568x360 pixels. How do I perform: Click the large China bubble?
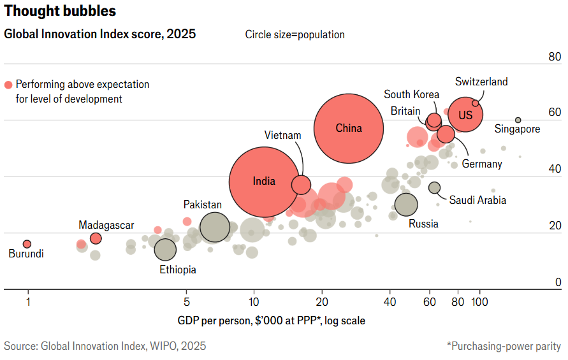[349, 128]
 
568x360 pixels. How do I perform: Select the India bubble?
[264, 182]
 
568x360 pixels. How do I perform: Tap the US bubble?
[465, 115]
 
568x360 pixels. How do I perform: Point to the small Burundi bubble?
[27, 244]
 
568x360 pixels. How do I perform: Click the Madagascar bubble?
[96, 238]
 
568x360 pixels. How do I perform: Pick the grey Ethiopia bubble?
[166, 249]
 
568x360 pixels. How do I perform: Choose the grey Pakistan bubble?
[215, 227]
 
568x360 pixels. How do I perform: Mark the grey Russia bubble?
[406, 205]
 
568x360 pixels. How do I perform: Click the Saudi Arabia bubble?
[435, 187]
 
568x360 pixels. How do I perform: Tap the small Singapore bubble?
[518, 120]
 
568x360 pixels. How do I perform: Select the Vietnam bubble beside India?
[301, 185]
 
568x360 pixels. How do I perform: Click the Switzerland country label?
[481, 82]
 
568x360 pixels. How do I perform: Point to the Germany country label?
[482, 164]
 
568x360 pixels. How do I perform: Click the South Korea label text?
[411, 94]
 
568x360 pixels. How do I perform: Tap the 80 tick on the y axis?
[555, 57]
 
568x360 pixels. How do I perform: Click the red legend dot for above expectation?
[8, 85]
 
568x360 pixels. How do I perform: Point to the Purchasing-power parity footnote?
[504, 346]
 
